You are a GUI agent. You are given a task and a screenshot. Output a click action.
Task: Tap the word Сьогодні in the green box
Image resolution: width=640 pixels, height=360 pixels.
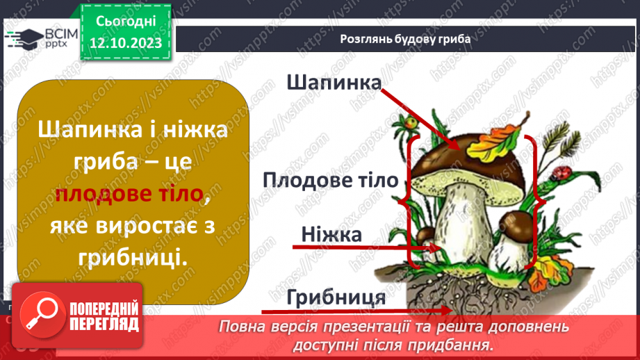125,21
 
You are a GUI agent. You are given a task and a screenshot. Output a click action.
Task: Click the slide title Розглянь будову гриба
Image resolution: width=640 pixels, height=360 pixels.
406,39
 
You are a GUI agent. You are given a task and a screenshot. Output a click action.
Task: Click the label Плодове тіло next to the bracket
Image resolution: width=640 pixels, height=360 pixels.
331,181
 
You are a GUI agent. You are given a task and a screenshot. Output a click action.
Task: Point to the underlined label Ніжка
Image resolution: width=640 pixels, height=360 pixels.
331,235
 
